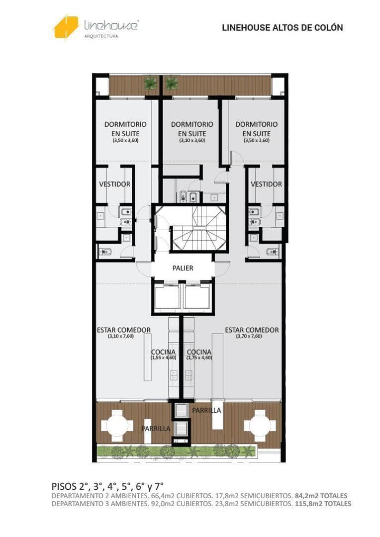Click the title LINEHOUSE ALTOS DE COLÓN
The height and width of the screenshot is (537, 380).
click(283, 28)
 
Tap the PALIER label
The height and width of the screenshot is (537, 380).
click(183, 268)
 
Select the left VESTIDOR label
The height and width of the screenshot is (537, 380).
click(115, 184)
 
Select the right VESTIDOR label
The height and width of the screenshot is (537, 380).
click(266, 184)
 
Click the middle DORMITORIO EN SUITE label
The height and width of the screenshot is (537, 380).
click(192, 131)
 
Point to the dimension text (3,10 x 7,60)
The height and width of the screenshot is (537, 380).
click(120, 336)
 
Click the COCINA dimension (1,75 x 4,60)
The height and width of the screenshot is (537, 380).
click(199, 358)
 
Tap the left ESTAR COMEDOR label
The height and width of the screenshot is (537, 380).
click(124, 330)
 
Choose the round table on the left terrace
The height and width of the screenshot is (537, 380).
click(117, 426)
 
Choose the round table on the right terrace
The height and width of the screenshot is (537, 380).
click(260, 426)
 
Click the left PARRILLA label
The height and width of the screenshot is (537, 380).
click(156, 429)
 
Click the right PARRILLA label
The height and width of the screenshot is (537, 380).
click(206, 410)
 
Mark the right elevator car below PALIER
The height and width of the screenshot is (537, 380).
click(197, 296)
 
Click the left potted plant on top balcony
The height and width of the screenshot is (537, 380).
click(151, 83)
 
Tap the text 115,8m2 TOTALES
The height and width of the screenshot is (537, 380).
click(323, 504)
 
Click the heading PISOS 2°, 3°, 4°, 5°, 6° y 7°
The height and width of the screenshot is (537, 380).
click(107, 486)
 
